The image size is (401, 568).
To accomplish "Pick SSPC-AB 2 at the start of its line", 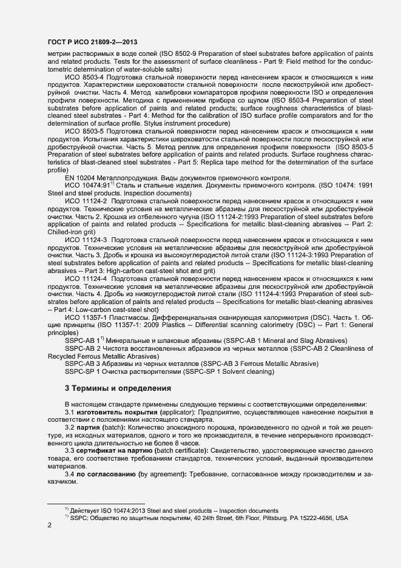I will pyautogui.click(x=83, y=349).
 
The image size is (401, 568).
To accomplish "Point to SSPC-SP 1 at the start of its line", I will pyautogui.click(x=83, y=373).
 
